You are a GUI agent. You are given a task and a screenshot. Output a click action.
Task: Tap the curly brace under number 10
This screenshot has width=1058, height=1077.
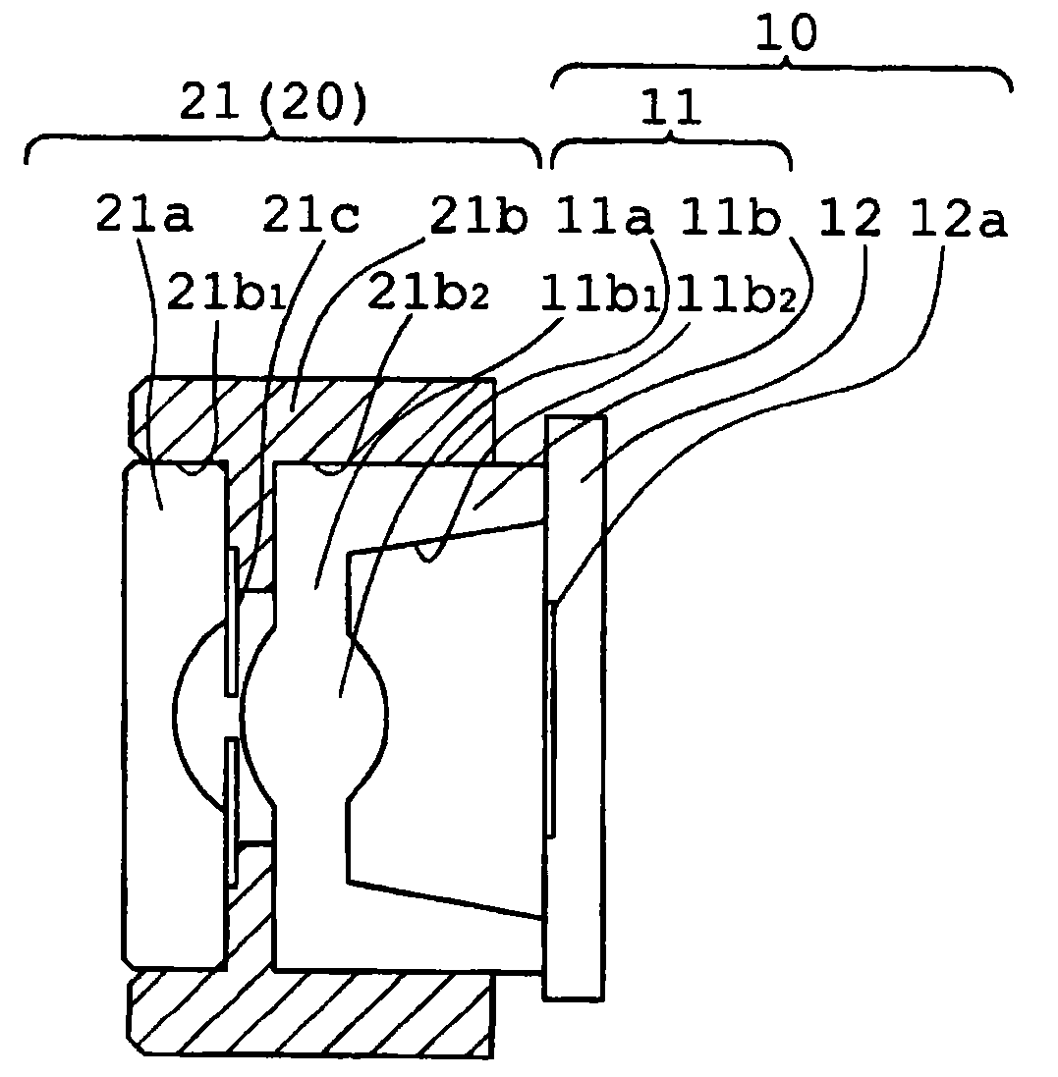[782, 71]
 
